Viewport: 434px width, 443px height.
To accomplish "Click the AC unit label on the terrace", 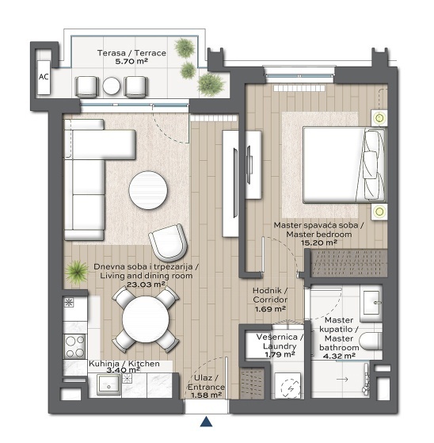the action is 44,77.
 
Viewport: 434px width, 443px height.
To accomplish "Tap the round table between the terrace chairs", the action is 112,86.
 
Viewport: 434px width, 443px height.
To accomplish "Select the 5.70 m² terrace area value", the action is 131,61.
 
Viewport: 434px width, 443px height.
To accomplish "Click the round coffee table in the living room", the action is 148,190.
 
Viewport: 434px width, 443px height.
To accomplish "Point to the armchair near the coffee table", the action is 169,243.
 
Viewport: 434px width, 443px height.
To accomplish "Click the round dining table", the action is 146,319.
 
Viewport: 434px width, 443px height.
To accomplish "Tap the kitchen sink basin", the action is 109,384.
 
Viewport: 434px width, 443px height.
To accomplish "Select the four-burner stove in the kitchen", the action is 75,346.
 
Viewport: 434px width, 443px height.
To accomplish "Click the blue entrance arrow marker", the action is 207,421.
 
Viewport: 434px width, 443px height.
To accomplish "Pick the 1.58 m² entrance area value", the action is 206,395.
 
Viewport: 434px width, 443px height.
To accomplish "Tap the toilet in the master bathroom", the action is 371,342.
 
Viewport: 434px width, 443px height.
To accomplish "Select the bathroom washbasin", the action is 371,303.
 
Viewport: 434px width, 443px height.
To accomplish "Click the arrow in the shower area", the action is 342,379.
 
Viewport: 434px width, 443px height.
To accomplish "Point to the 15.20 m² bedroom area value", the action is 319,243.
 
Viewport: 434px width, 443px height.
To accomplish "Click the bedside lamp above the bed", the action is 380,118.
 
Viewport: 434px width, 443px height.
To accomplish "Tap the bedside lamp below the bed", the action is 379,212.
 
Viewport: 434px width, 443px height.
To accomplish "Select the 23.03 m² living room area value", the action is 146,285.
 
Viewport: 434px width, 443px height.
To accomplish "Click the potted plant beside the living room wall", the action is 77,272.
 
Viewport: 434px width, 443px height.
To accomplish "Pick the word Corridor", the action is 270,300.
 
